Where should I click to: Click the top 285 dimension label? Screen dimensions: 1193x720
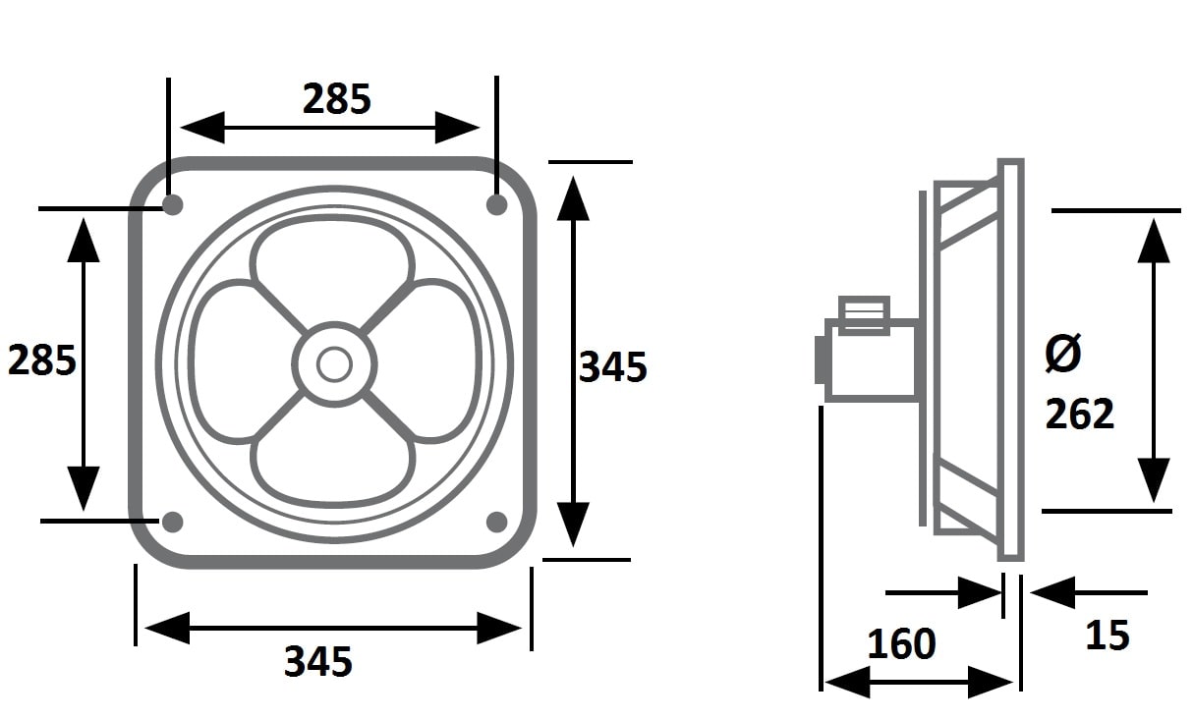337,99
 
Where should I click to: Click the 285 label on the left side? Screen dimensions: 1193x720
42,360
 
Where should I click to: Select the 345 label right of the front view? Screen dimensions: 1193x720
613,367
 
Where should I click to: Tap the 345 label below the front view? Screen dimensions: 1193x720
318,661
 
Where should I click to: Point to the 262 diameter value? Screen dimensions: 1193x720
1080,414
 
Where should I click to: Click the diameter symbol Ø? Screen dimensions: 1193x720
1063,353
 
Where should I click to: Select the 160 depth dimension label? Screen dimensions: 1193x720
902,643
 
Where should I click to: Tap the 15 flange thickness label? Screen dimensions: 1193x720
1108,636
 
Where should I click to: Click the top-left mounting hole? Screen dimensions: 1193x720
172,204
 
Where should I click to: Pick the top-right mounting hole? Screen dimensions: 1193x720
497,204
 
